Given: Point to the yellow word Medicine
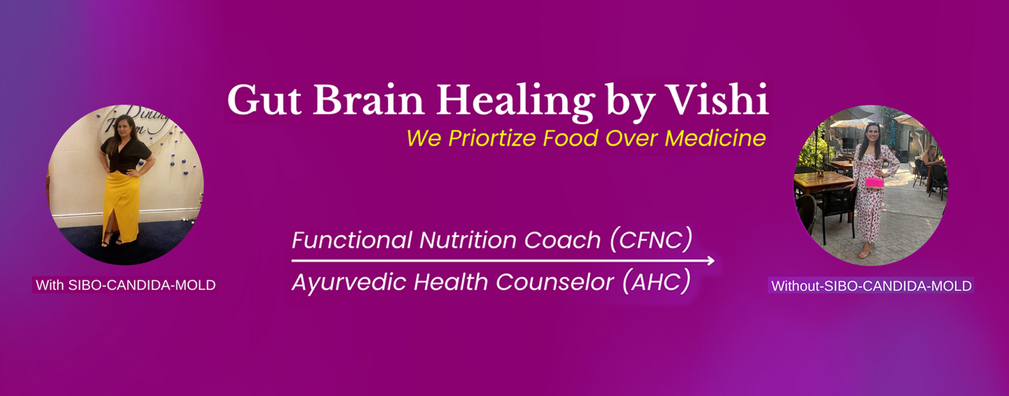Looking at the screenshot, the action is coord(715,138).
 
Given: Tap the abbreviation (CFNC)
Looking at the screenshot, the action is coord(651,239).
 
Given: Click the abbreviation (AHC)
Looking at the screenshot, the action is coord(657,281).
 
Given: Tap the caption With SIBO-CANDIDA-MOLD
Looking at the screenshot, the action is coord(125,285).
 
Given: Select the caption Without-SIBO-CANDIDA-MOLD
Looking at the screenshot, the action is coord(871,286).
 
